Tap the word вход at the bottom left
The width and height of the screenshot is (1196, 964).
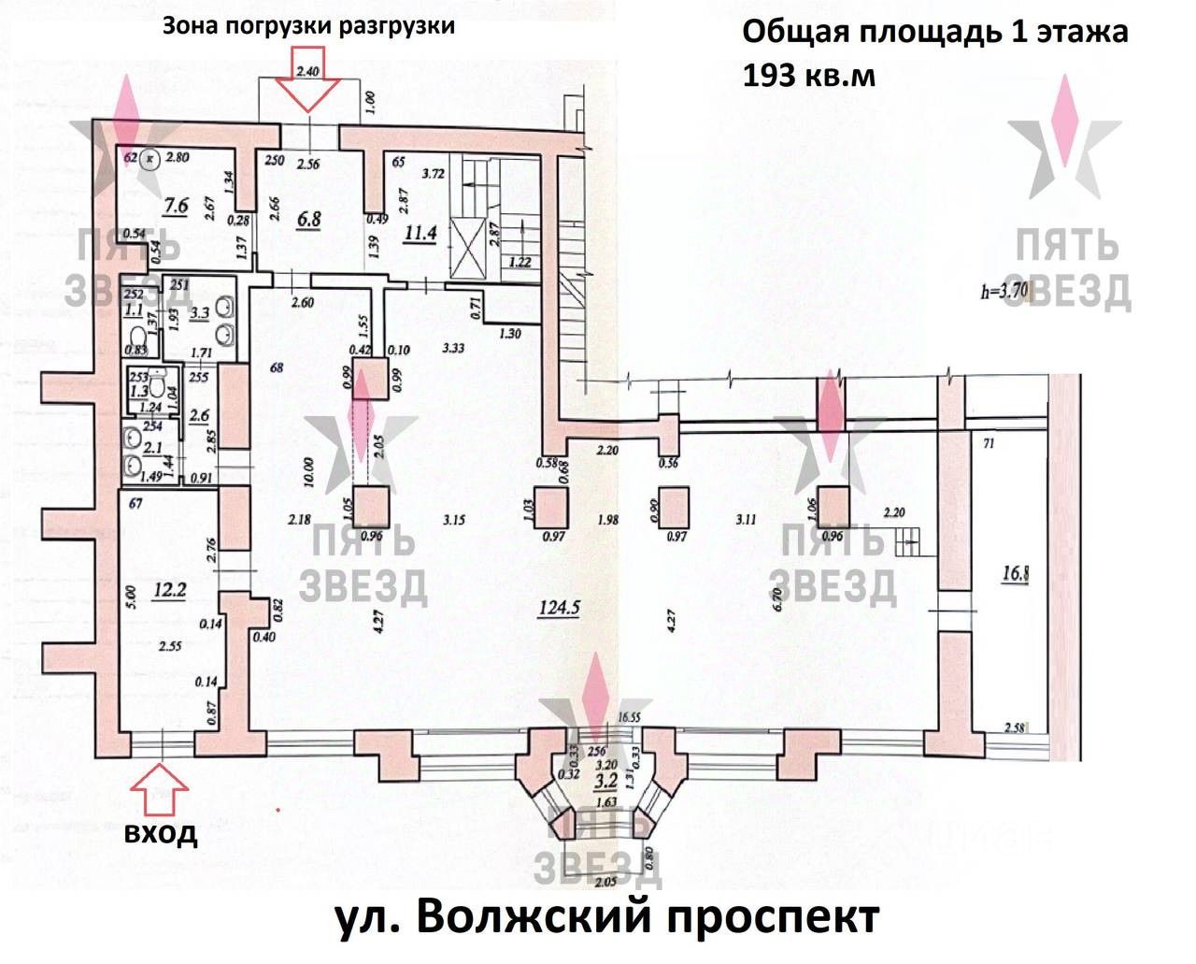click(x=162, y=832)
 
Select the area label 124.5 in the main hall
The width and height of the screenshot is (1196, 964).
click(x=560, y=608)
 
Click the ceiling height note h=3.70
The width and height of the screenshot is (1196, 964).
click(x=1005, y=291)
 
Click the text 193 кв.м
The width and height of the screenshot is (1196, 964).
click(x=809, y=75)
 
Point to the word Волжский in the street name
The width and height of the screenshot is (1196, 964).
click(x=529, y=917)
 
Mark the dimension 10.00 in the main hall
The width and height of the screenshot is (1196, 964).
click(x=307, y=473)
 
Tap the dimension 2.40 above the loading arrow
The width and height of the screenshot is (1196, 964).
click(x=308, y=71)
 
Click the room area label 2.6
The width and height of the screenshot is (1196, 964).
click(x=199, y=413)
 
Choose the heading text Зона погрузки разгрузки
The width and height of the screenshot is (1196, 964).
click(x=308, y=25)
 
